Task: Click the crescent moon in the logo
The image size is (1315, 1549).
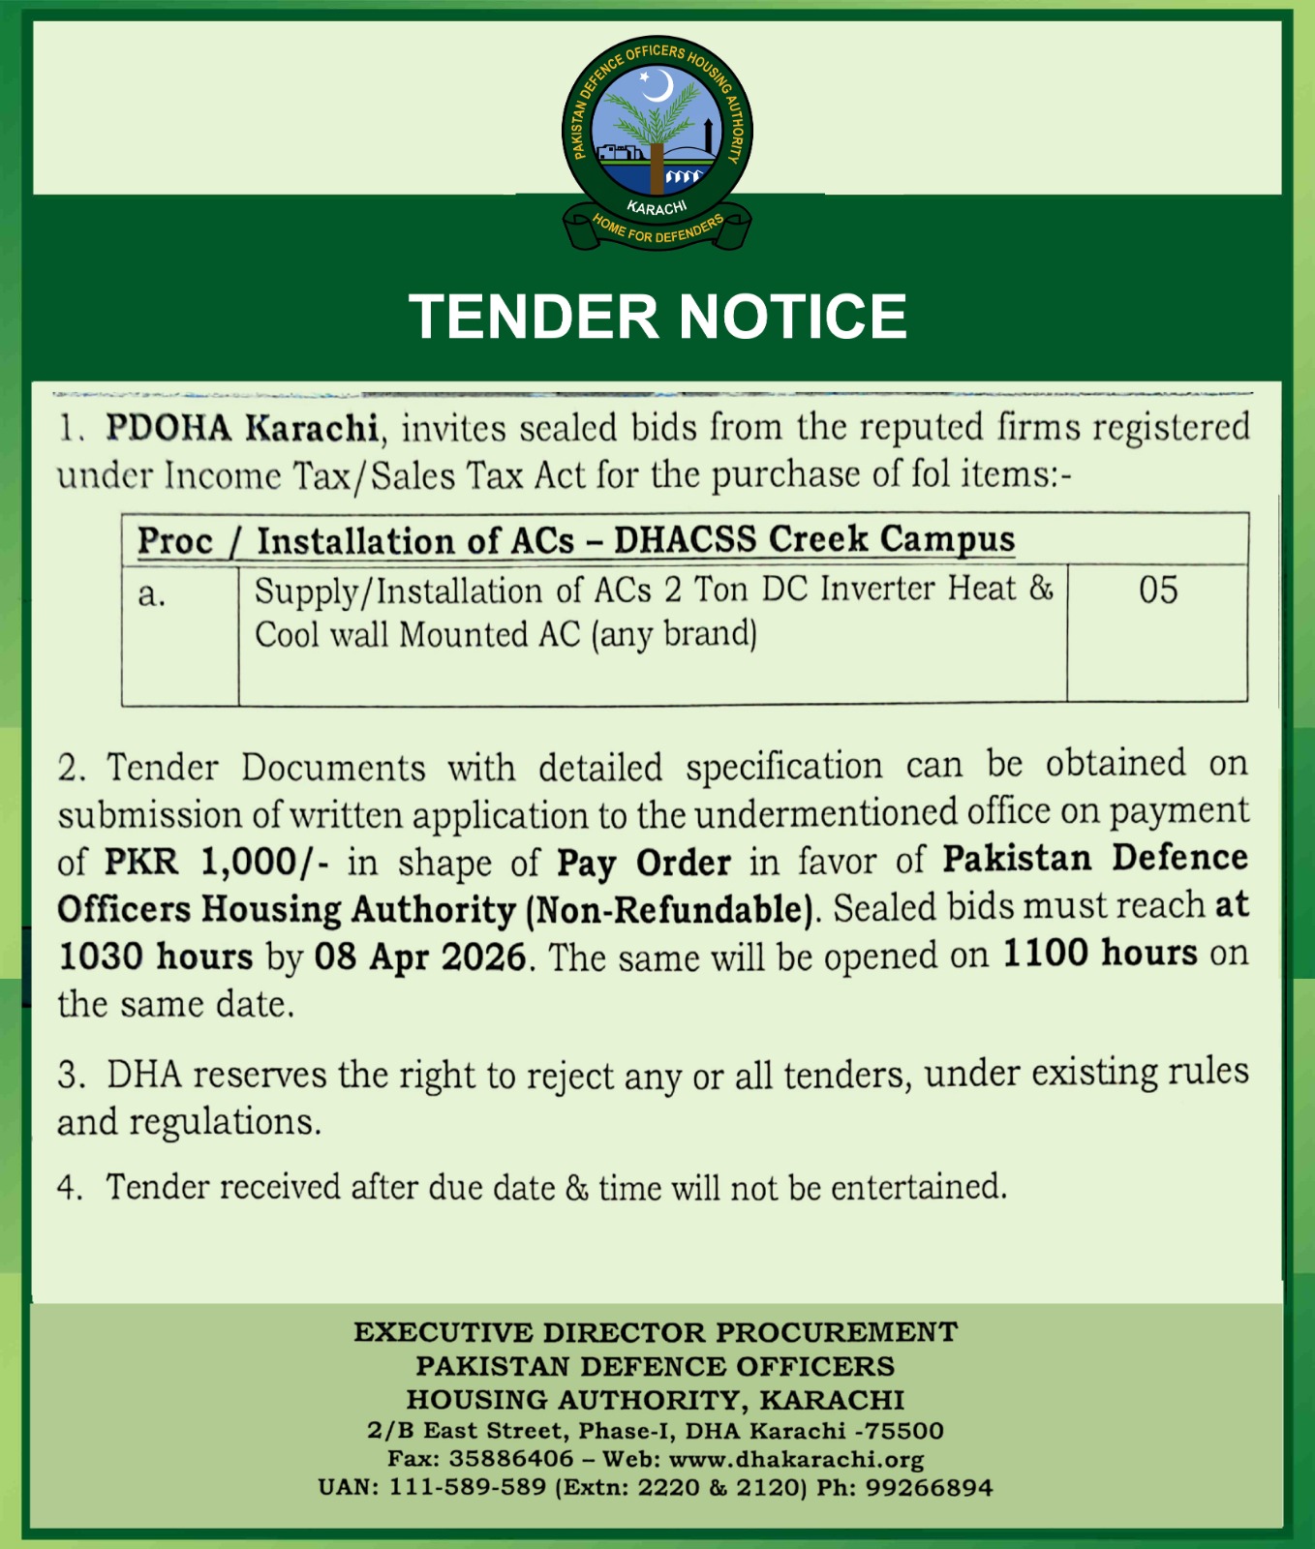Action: (x=659, y=86)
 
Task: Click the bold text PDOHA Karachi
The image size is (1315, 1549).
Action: (x=241, y=427)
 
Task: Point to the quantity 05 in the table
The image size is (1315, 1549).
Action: (x=1158, y=591)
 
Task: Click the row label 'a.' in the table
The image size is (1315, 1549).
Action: (x=152, y=593)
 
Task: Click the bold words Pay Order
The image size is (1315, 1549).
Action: (x=644, y=862)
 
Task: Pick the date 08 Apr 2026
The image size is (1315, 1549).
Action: (x=420, y=957)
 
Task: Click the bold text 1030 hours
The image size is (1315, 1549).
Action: (x=155, y=957)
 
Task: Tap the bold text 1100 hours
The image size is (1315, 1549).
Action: (x=1100, y=953)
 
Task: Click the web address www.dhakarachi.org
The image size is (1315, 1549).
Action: (x=796, y=1459)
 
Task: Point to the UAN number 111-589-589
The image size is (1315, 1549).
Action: (x=468, y=1487)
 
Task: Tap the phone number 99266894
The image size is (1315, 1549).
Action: (x=930, y=1487)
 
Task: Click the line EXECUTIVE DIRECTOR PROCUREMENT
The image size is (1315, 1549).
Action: (x=656, y=1332)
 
